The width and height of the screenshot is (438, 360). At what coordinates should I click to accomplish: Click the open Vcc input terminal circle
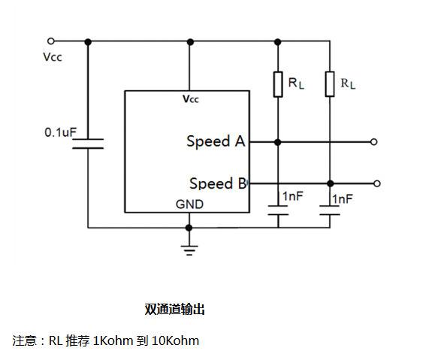(51, 41)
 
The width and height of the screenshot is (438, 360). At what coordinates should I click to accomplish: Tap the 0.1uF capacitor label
(60, 132)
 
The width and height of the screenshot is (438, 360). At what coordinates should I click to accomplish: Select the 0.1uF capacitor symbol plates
(88, 144)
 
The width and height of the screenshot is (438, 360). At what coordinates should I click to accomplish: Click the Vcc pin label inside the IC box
(191, 99)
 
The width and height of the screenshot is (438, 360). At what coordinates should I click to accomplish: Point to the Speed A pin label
(216, 141)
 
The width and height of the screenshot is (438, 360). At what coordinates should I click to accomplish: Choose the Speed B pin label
(218, 183)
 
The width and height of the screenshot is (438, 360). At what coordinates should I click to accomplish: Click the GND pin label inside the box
(189, 204)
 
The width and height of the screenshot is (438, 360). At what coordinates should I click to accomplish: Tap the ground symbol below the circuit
(189, 250)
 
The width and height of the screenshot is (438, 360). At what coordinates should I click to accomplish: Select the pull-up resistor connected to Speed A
(278, 84)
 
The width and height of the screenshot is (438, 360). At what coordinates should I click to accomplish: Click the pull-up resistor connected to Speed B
(330, 84)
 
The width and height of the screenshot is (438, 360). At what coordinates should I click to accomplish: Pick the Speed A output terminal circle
(373, 142)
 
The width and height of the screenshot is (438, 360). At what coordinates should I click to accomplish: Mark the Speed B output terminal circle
(377, 183)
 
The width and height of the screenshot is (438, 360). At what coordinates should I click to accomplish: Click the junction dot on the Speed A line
(277, 142)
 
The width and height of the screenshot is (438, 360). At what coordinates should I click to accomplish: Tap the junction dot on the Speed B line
(330, 183)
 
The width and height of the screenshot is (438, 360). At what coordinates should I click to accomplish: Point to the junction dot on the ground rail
(189, 228)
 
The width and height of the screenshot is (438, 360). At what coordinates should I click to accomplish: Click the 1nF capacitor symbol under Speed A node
(278, 210)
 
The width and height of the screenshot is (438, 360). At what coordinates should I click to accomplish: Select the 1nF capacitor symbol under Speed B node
(330, 210)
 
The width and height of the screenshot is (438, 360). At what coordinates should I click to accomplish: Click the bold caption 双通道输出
(174, 309)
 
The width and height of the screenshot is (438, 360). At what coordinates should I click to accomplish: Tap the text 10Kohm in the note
(175, 340)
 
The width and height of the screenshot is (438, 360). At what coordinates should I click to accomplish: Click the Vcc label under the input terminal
(53, 57)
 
